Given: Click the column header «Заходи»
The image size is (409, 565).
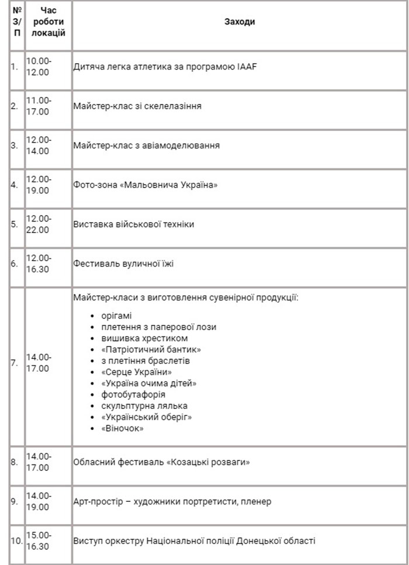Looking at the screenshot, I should click(x=240, y=22).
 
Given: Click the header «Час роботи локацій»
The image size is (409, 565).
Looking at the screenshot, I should click(x=48, y=22).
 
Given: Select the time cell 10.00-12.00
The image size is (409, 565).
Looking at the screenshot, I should click(x=39, y=66).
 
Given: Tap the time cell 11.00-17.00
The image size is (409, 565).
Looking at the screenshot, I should click(x=39, y=106).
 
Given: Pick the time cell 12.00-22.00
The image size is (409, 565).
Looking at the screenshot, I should click(x=39, y=224).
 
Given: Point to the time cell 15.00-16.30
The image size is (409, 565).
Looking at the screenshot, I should click(x=39, y=540).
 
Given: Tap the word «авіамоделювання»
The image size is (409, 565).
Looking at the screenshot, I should click(x=185, y=145).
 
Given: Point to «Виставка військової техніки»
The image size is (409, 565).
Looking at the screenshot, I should click(x=134, y=224).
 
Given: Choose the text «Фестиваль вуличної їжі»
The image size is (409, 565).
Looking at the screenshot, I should click(x=124, y=264).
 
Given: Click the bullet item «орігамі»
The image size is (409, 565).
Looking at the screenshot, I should click(x=116, y=316).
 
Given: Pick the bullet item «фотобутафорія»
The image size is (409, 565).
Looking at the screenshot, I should click(x=132, y=394).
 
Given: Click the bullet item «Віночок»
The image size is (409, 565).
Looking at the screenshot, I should click(x=122, y=428).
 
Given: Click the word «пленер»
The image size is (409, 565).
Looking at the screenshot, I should click(x=255, y=501).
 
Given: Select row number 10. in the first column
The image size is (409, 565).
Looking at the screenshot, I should click(x=16, y=540).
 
